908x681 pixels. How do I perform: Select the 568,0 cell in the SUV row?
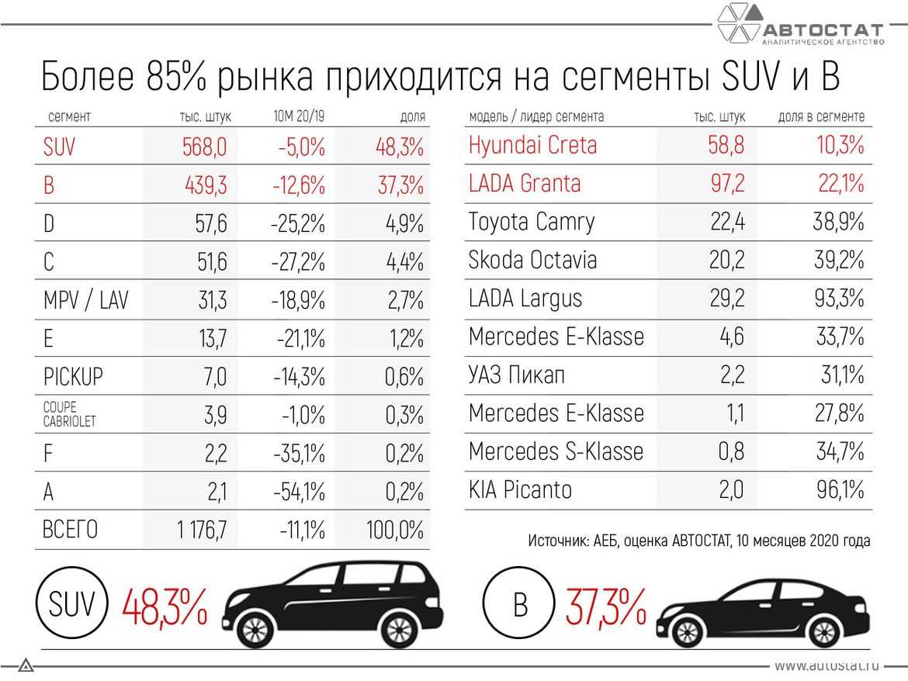205,146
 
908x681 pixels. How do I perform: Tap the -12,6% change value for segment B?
299,185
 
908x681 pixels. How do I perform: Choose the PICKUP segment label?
73,377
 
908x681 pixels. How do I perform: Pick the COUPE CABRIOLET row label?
70,415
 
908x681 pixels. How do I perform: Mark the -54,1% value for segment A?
299,492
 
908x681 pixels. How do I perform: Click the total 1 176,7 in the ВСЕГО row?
202,531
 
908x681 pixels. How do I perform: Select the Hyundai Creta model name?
532,145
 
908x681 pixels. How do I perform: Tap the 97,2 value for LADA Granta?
727,184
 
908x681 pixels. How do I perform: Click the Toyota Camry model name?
531,222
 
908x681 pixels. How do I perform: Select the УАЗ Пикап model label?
517,375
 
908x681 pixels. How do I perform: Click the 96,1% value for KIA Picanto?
840,490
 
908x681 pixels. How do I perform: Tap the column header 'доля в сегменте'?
821,117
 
